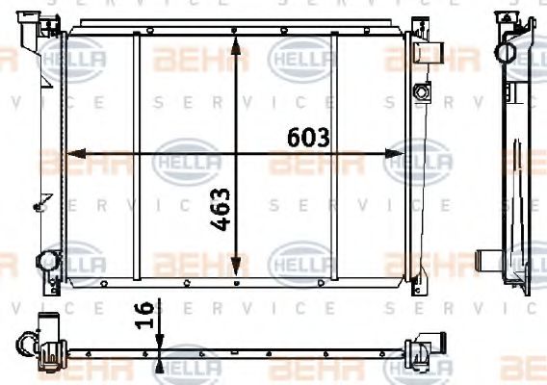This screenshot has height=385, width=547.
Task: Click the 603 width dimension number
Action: coord(309,138)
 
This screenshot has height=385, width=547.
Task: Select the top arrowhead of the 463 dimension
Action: coord(238,36)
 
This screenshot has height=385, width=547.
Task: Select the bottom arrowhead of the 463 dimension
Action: coord(238,274)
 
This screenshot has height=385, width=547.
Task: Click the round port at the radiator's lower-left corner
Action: coord(47,260)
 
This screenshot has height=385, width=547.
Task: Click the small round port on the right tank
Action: coord(419,92)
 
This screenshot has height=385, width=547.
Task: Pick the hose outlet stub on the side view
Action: coord(488,262)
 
